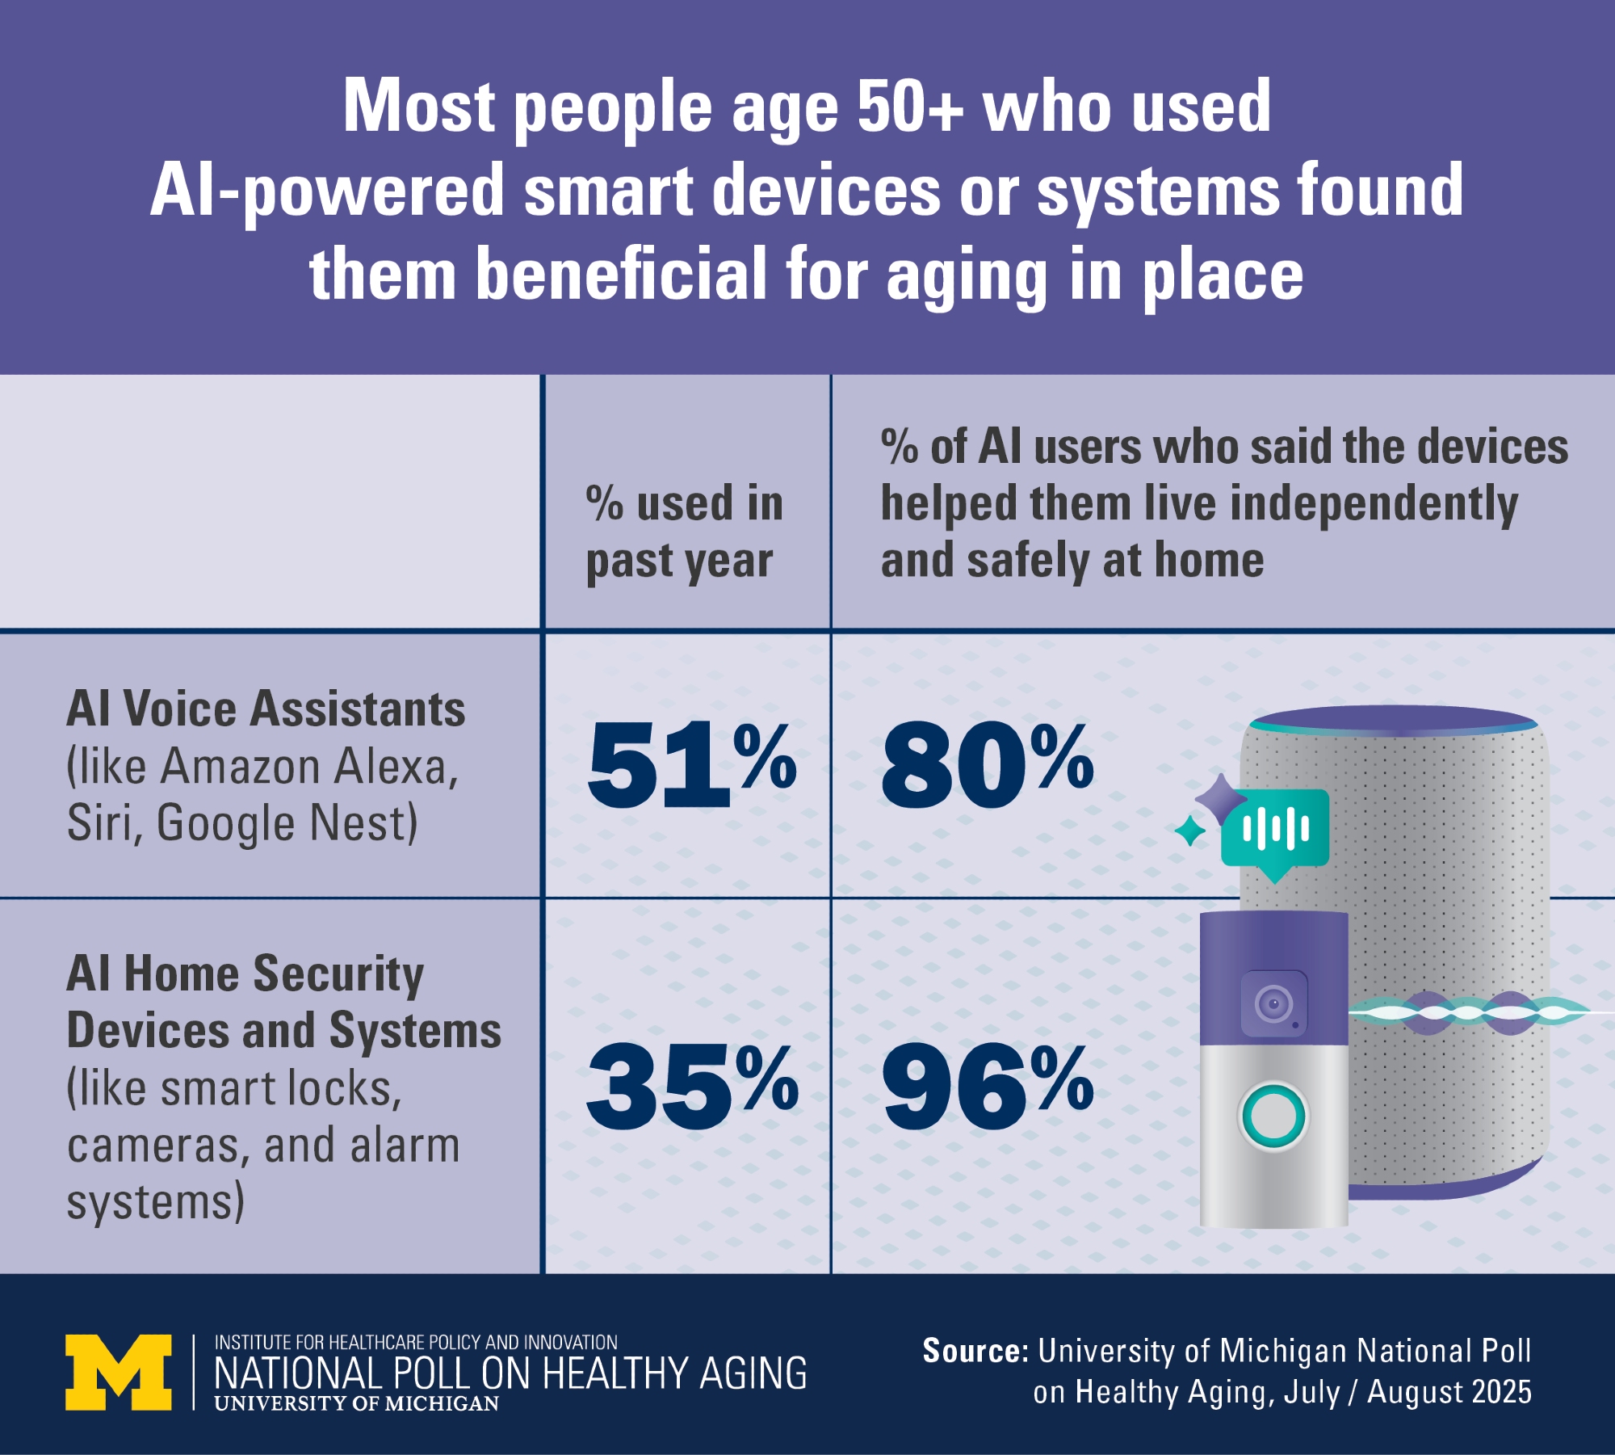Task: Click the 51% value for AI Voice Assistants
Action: point(690,764)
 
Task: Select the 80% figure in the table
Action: point(987,764)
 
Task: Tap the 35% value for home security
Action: point(691,1087)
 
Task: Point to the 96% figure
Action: point(987,1087)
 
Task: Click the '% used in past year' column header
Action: point(685,532)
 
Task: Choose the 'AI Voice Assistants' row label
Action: point(266,709)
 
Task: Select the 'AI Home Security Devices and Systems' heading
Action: point(283,1002)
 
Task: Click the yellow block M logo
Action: point(119,1372)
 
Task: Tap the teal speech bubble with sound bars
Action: point(1275,830)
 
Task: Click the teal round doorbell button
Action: point(1273,1116)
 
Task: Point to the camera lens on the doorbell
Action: point(1273,1004)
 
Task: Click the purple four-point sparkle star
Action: point(1220,798)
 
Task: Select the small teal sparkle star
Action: point(1189,831)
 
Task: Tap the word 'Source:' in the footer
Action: point(975,1351)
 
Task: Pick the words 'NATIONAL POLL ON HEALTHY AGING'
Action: point(510,1373)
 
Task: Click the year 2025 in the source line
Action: point(1501,1392)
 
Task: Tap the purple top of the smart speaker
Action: point(1394,720)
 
